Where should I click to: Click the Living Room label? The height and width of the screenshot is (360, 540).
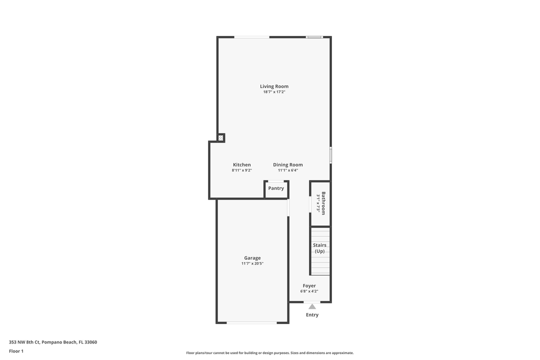274,86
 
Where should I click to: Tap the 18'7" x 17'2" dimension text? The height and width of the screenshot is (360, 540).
274,92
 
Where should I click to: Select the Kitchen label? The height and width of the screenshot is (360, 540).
242,165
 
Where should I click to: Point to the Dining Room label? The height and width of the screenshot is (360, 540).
288,165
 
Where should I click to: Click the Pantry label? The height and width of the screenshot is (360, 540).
276,188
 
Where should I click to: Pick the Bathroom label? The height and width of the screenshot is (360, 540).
323,203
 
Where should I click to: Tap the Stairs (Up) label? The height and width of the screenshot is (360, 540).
320,248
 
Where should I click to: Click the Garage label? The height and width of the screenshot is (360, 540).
252,258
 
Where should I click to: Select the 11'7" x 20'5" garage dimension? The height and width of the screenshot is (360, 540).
252,263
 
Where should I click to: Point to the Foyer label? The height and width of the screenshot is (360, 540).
309,286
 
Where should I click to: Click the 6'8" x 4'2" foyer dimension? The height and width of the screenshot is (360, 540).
309,291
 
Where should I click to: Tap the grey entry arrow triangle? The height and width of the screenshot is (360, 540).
312,306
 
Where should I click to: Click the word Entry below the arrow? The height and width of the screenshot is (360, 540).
312,315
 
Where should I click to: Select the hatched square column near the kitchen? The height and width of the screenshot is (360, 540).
220,137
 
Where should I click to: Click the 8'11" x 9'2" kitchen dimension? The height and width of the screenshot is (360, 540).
242,170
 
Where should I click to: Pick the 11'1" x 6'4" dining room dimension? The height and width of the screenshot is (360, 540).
288,170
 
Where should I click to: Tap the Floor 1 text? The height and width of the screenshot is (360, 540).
16,351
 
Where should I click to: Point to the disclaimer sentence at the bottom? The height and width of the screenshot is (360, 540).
270,353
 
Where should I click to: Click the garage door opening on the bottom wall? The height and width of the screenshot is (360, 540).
251,322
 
